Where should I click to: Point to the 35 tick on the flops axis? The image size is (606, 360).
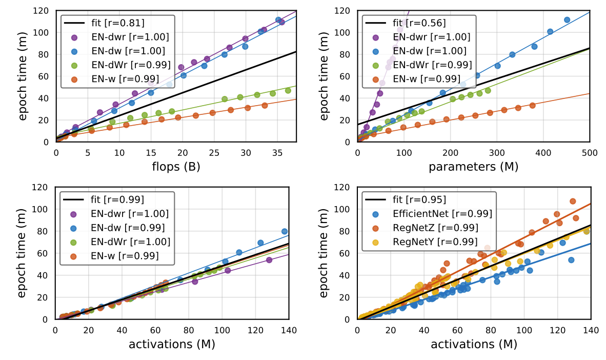277,152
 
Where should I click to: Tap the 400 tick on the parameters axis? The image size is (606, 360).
543,152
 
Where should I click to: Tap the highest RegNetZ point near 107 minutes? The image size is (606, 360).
573,202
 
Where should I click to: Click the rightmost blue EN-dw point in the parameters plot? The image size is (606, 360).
567,20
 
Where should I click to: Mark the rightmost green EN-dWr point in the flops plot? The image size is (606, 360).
288,91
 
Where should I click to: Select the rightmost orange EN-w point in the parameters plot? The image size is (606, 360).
533,106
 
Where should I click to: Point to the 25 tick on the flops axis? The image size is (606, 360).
214,152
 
